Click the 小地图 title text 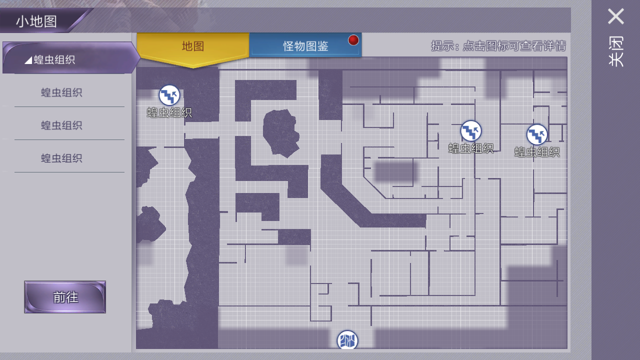(x=36, y=21)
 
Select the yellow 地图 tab (x=193, y=47)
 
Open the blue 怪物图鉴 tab (x=305, y=45)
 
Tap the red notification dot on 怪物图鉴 (x=353, y=40)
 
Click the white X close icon (x=615, y=16)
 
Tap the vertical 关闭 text (x=615, y=51)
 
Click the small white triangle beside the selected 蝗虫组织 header (x=28, y=60)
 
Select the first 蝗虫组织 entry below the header (x=61, y=92)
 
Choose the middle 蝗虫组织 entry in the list (x=61, y=125)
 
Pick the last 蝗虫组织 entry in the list (x=61, y=158)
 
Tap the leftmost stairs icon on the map (x=169, y=95)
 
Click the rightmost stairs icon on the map (x=537, y=134)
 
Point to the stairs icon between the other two (x=471, y=131)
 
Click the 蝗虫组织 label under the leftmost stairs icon (x=169, y=112)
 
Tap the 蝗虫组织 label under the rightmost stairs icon (x=537, y=151)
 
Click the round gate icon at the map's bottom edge (x=347, y=340)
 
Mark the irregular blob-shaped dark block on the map (x=281, y=133)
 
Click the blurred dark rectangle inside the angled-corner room (x=394, y=171)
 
